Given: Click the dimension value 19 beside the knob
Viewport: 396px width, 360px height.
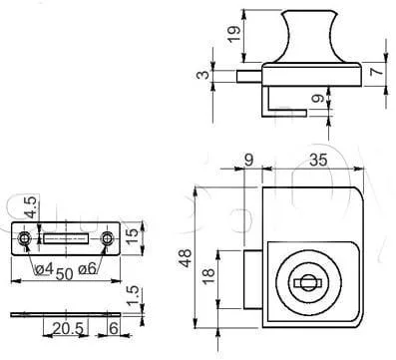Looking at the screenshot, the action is (234, 34).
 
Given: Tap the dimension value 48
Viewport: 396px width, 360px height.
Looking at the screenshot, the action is (186, 258).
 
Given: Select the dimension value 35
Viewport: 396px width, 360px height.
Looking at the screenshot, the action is (318, 160).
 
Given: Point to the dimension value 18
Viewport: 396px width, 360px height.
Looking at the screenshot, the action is (208, 275).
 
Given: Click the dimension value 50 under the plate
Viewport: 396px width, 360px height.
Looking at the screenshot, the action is (64, 274).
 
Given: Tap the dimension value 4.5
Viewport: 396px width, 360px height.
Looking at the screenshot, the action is (31, 207).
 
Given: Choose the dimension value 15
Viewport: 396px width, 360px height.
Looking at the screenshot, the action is (132, 235).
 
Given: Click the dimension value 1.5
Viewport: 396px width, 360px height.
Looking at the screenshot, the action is (133, 295).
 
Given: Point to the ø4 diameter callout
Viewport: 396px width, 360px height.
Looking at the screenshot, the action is (44, 269).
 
